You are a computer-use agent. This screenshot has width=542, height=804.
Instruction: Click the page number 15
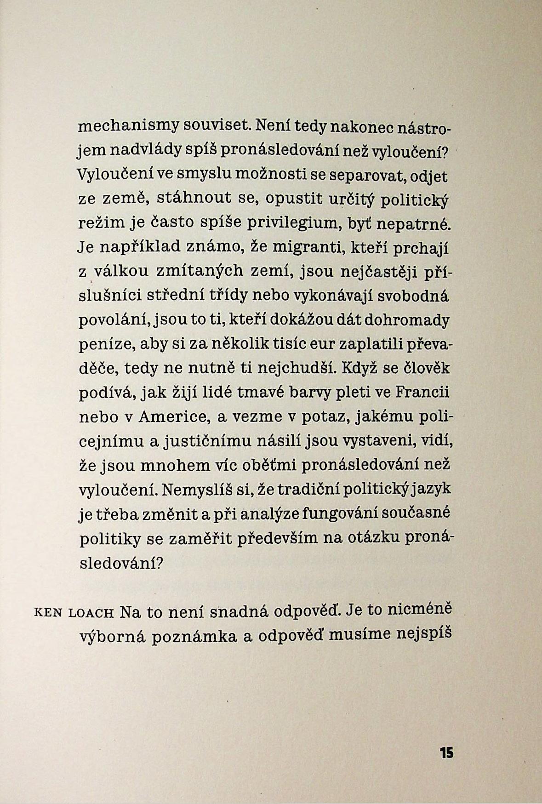pos(446,753)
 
